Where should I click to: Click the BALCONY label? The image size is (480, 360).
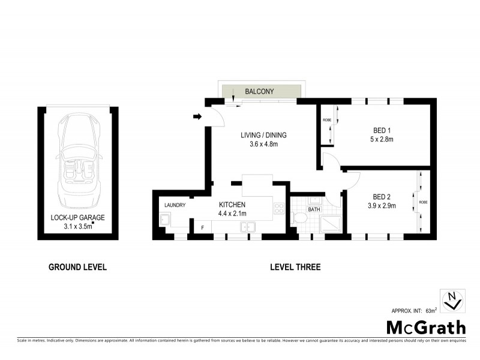[259, 92]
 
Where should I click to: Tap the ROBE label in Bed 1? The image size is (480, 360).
[327, 120]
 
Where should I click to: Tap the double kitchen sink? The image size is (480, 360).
[248, 226]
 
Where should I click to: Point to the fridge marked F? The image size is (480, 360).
[202, 227]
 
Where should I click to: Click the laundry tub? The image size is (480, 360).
[165, 221]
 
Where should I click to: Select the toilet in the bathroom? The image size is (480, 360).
[300, 218]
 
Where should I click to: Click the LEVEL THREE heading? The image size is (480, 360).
[295, 267]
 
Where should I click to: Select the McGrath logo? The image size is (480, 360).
[425, 328]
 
